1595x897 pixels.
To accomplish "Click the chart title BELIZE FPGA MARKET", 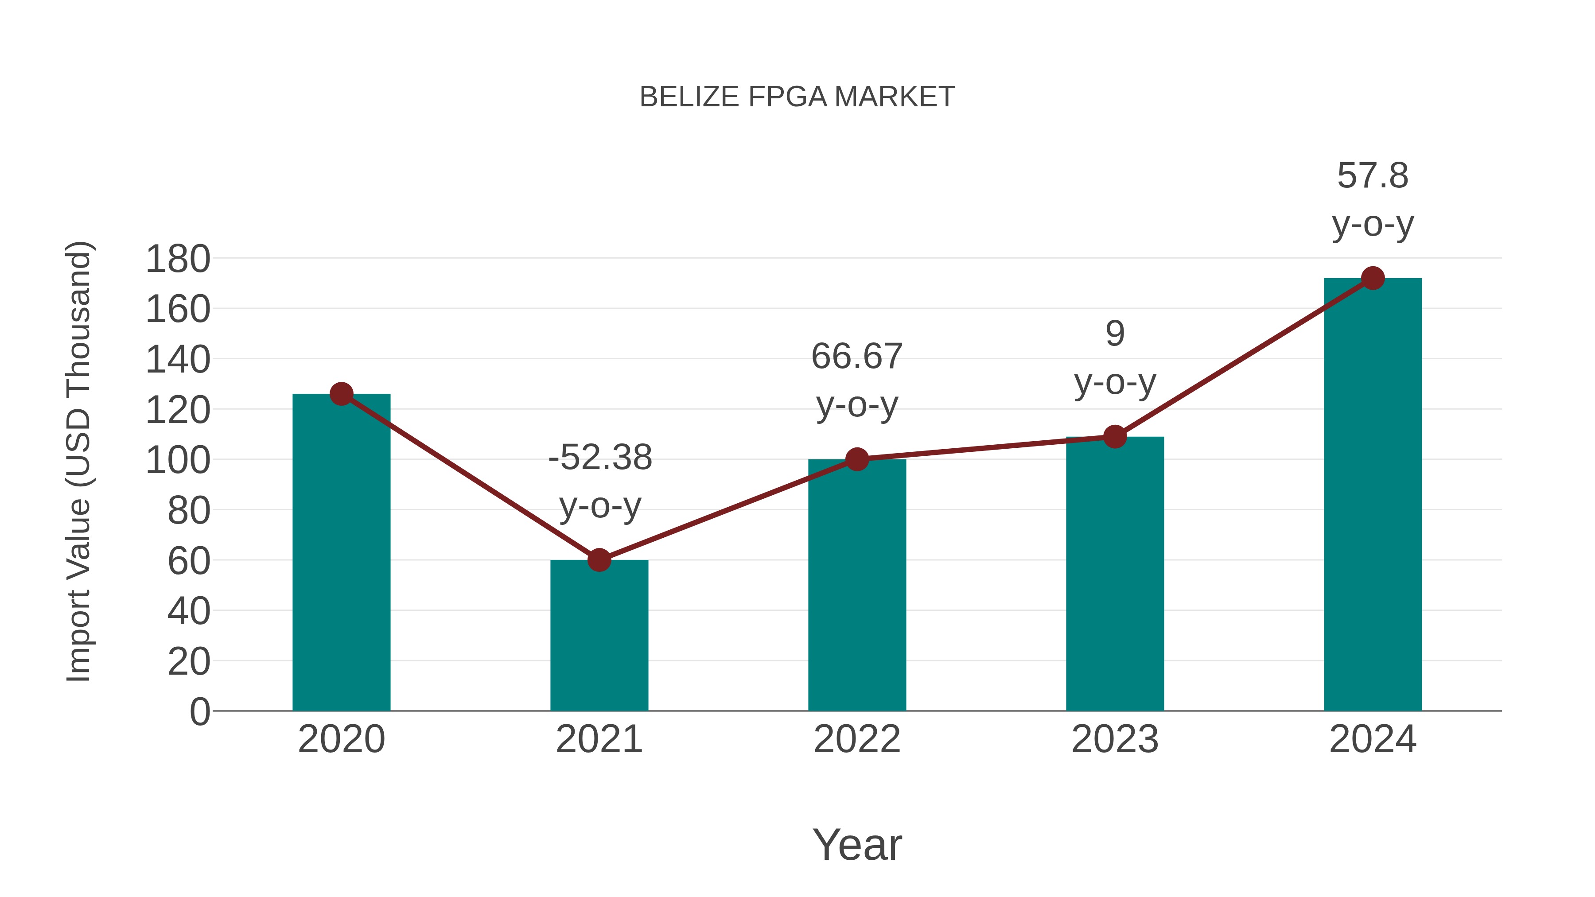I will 797,97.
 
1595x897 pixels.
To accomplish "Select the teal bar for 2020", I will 341,557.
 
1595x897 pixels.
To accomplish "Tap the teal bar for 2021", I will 599,637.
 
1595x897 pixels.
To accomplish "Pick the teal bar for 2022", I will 857,588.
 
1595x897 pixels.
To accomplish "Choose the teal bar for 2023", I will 1115,576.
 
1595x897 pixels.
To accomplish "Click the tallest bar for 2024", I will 1373,495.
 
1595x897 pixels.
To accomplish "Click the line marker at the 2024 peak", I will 1373,279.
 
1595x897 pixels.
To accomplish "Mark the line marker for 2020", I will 341,394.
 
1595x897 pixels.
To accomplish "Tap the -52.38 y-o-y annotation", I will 600,482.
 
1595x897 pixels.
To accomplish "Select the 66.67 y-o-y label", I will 857,380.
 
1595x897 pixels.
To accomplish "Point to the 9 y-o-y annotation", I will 1115,358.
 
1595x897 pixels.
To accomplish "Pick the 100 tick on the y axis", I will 178,461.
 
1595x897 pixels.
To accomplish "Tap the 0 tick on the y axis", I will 199,712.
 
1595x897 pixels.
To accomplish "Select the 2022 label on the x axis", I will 857,739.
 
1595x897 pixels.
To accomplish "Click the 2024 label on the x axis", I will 1373,739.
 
